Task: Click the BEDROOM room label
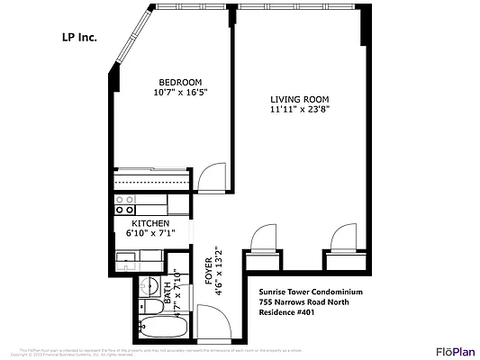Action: click(x=175, y=81)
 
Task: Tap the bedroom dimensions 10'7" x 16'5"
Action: click(x=175, y=92)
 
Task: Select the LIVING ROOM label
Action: click(x=300, y=100)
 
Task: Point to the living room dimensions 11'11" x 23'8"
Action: click(x=300, y=111)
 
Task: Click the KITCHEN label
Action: click(x=150, y=222)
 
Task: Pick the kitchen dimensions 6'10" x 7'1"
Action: click(x=150, y=233)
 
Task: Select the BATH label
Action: click(x=168, y=289)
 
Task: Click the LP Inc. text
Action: click(x=77, y=38)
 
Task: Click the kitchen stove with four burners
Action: click(x=124, y=204)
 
